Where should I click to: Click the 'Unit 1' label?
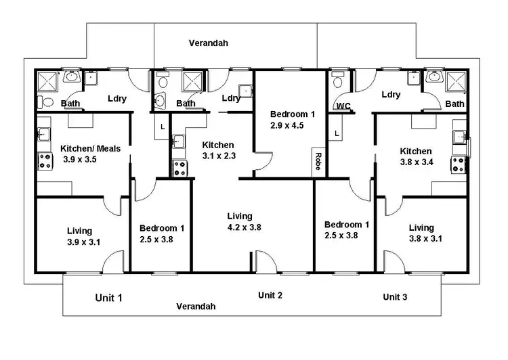[108, 297]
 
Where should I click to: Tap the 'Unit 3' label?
[395, 297]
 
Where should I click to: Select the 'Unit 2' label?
[270, 295]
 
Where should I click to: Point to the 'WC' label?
[343, 106]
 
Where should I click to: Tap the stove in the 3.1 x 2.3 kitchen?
[180, 168]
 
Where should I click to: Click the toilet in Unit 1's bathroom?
[45, 102]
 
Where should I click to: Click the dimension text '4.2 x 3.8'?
[244, 227]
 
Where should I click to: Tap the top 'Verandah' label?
[208, 43]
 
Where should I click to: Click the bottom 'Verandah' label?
[196, 306]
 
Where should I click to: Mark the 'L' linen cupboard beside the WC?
[337, 134]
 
